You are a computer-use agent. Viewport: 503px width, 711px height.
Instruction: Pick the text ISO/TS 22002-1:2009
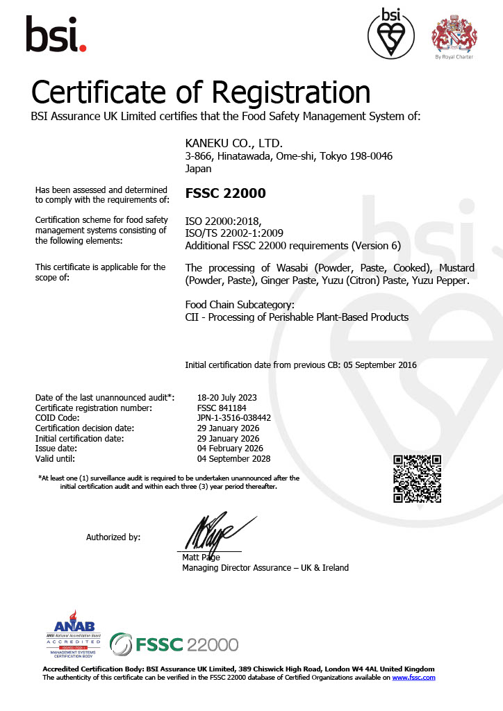click(x=234, y=233)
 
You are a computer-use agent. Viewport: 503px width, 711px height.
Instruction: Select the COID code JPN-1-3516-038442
click(x=234, y=418)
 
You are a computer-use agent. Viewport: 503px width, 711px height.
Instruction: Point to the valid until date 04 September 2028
click(x=234, y=459)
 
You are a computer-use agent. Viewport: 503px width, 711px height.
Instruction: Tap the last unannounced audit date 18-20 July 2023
click(x=227, y=397)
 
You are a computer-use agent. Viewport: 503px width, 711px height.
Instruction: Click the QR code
click(x=418, y=478)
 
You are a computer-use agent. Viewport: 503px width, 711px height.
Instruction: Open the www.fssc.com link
click(x=414, y=677)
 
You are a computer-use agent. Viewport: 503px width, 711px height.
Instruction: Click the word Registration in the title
click(x=291, y=92)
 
